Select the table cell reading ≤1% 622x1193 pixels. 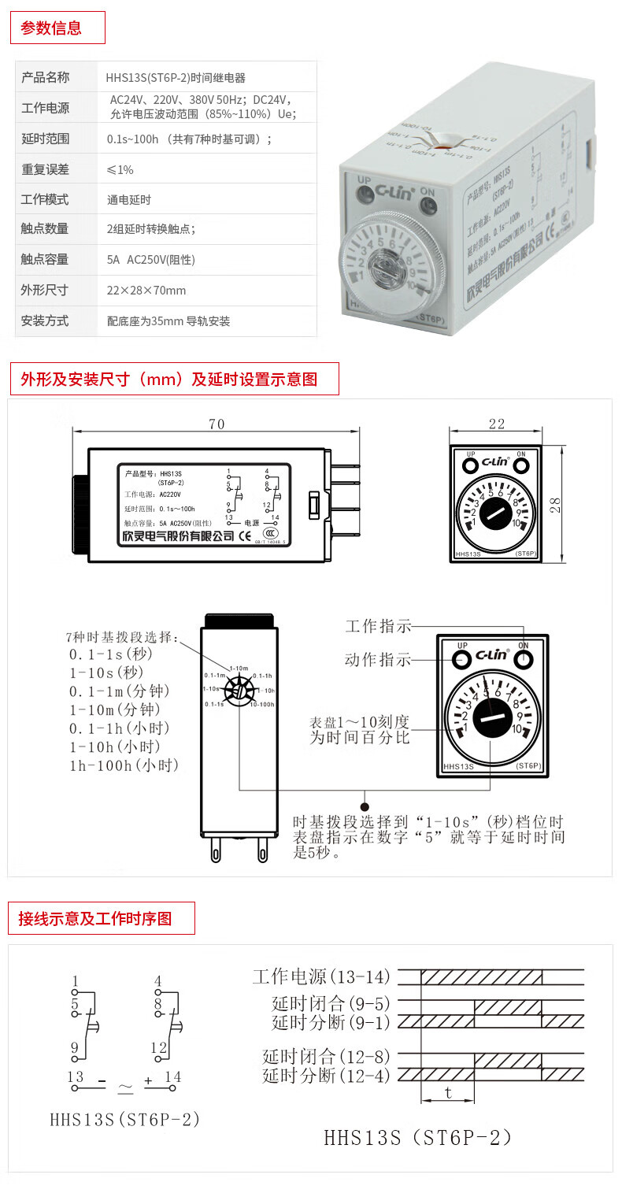(x=120, y=169)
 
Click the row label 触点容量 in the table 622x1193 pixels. (x=45, y=259)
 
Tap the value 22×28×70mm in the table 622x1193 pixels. (x=146, y=291)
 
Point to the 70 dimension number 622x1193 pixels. (x=217, y=424)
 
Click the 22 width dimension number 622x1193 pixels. (x=496, y=424)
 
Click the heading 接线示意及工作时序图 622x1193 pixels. (x=95, y=918)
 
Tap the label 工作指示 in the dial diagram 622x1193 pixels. (x=378, y=627)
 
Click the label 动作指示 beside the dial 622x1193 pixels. (x=378, y=660)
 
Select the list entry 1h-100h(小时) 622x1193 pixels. (x=124, y=765)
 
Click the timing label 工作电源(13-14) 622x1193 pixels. (x=321, y=977)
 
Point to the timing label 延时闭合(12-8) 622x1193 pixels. (x=327, y=1057)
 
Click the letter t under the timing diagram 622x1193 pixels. (x=448, y=1092)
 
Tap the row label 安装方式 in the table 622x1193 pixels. (x=45, y=321)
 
